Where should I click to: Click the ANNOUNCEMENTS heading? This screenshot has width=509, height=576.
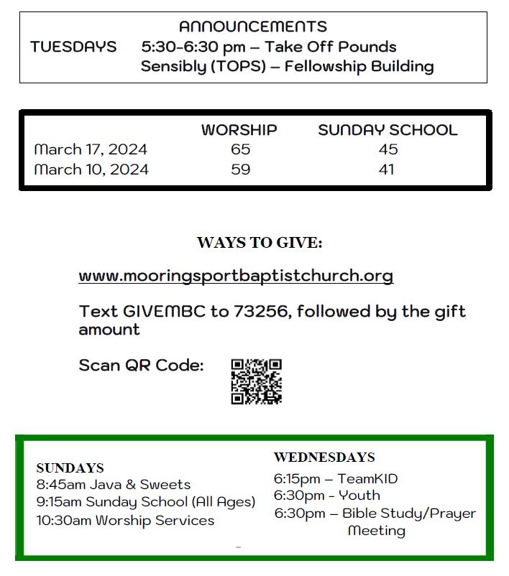point(252,27)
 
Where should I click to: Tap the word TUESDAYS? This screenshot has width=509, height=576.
point(73,47)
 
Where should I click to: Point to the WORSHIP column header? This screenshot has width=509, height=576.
point(239,130)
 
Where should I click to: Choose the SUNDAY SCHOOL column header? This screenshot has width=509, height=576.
point(388,130)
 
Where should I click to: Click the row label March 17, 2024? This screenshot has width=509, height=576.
point(91,149)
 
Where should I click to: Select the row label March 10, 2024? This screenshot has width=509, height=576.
point(91,169)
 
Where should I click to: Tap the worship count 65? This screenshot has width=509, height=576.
point(240,149)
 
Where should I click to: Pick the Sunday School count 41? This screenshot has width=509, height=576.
point(387,169)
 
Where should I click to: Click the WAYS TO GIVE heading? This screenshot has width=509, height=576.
point(260,243)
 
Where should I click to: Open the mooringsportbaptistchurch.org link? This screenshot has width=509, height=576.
point(236,276)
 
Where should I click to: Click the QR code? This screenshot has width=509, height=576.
point(256,381)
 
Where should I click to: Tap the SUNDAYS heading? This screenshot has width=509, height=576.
point(70,468)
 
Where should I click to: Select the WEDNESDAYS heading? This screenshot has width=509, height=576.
point(324,457)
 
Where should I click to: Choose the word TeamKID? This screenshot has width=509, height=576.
point(367,478)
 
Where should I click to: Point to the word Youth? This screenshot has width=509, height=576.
point(359,496)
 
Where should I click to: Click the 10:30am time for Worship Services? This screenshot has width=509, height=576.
point(64,520)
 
